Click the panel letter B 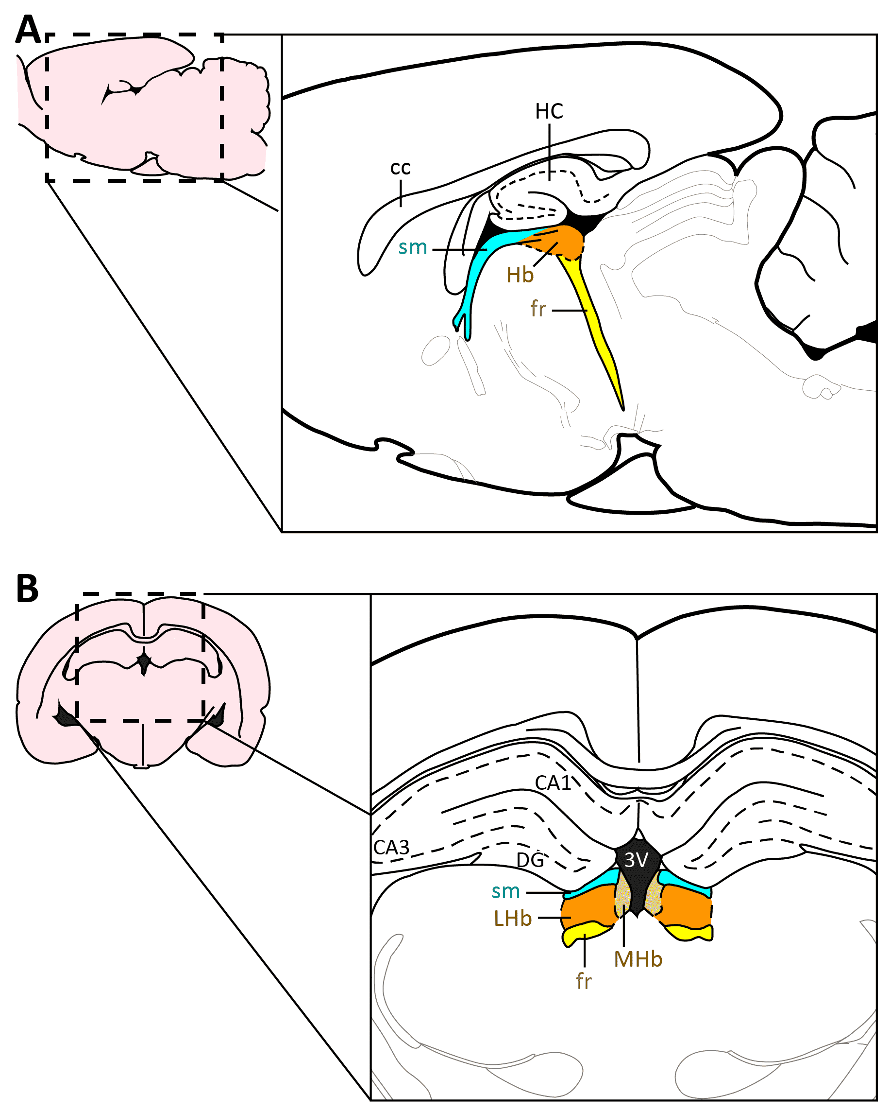tap(28, 589)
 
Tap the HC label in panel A tap(549, 111)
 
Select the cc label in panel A tap(401, 168)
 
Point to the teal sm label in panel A tap(413, 248)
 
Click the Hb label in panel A tap(520, 276)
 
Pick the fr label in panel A tap(538, 309)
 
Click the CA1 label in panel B tap(553, 783)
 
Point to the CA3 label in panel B tap(391, 847)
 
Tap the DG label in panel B tap(530, 860)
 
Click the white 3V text tap(636, 860)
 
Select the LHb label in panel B tap(512, 919)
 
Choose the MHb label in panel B tap(638, 959)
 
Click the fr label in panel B tap(584, 982)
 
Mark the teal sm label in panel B tap(505, 891)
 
